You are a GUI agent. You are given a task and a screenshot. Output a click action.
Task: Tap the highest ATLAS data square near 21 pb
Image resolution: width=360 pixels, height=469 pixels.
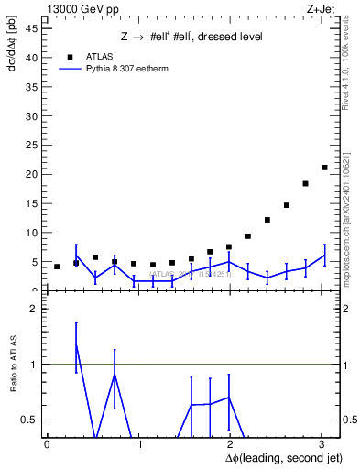(x=324, y=168)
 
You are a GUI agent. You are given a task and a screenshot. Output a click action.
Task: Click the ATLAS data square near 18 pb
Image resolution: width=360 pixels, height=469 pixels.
(x=305, y=183)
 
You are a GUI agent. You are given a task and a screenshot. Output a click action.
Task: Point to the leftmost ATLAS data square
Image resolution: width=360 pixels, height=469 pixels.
(x=57, y=267)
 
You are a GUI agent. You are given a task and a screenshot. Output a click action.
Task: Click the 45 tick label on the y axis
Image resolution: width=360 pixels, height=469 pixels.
(x=32, y=28)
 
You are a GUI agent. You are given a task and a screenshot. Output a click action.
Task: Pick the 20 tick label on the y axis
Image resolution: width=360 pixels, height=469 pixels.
(x=32, y=174)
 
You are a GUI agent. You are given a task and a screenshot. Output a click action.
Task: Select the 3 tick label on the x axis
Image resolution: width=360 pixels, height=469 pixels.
(x=322, y=445)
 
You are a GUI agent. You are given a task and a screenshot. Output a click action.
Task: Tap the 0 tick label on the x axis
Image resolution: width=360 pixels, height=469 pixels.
(x=47, y=445)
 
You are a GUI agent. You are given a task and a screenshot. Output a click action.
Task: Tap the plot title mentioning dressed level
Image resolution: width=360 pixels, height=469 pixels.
(x=191, y=37)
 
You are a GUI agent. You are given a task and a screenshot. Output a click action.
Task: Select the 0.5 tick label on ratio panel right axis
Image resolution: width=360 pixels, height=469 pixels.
(x=348, y=420)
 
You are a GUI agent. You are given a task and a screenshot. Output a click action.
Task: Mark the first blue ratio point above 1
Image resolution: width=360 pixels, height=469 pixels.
(x=76, y=345)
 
